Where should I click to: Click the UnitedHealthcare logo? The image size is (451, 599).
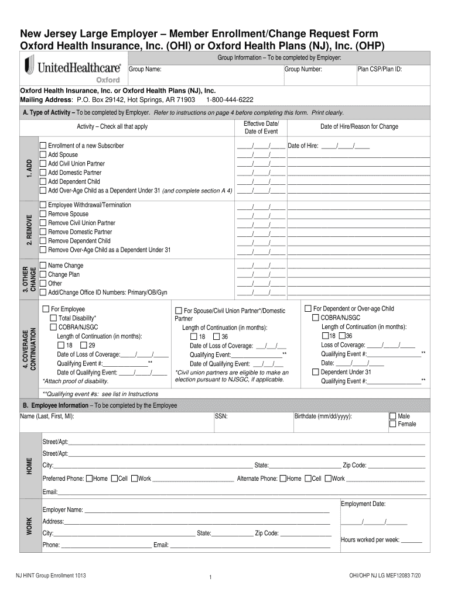click(x=72, y=69)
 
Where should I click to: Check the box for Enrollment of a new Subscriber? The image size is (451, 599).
click(x=43, y=146)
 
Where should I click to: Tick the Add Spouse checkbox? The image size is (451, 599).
click(x=43, y=154)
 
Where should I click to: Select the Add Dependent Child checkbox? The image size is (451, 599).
click(x=43, y=181)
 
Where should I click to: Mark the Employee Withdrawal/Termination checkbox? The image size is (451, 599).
click(x=43, y=205)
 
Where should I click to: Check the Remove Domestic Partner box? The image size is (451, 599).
click(x=43, y=232)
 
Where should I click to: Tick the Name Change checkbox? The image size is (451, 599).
click(x=43, y=266)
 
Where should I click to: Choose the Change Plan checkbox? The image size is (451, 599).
click(x=43, y=274)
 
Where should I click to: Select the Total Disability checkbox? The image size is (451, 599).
click(x=53, y=318)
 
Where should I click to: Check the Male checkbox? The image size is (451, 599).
click(x=393, y=416)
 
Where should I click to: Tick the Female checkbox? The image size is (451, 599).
click(x=393, y=424)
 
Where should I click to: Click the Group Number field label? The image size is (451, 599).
click(x=303, y=69)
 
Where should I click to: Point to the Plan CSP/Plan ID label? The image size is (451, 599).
click(x=380, y=69)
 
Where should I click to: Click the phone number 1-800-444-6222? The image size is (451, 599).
click(x=230, y=100)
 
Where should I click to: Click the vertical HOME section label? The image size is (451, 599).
click(x=29, y=466)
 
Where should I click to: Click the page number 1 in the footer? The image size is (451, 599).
click(x=210, y=579)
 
